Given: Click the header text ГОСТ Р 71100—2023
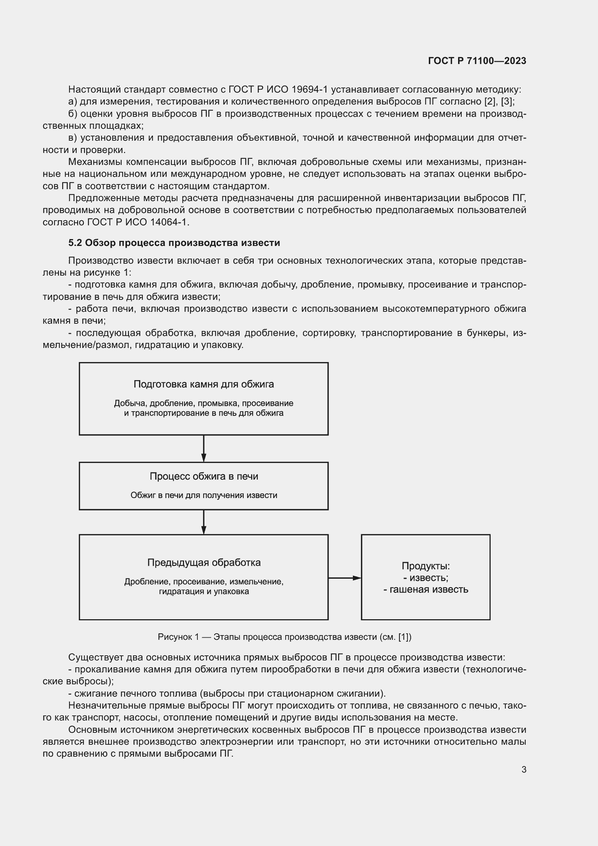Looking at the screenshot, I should [x=477, y=61].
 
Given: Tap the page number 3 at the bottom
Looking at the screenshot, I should [x=524, y=769].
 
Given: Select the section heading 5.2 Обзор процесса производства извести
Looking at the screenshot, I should [x=174, y=243].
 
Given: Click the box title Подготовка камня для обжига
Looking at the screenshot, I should [x=204, y=384].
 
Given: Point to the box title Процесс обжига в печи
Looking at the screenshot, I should [x=204, y=476].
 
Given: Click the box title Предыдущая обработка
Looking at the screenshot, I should [x=204, y=563].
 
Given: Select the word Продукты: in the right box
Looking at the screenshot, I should [x=425, y=566].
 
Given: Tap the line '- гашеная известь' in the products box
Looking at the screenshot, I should [x=425, y=590].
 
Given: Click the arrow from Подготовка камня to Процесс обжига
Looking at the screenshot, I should [x=204, y=448].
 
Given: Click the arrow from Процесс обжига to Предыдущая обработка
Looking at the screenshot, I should [x=204, y=522].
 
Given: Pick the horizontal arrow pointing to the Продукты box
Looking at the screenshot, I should [x=344, y=578].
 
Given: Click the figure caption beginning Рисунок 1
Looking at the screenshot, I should [x=284, y=637].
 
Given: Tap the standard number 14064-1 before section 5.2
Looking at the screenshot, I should [x=168, y=222].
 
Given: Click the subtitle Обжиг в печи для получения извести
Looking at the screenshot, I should [x=204, y=495].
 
